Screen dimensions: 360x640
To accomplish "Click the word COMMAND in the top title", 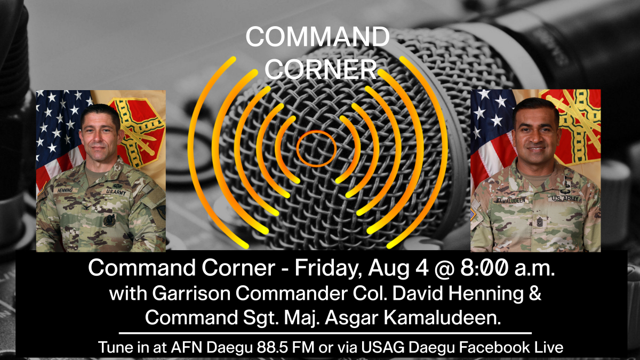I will [317, 37].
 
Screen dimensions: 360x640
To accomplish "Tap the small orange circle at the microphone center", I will [316, 147].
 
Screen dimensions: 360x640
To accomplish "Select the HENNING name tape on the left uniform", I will [65, 190].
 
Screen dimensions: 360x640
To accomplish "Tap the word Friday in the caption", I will [330, 268].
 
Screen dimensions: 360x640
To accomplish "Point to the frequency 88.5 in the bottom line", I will [284, 348].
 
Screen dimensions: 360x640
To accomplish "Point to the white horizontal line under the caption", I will [325, 333].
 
